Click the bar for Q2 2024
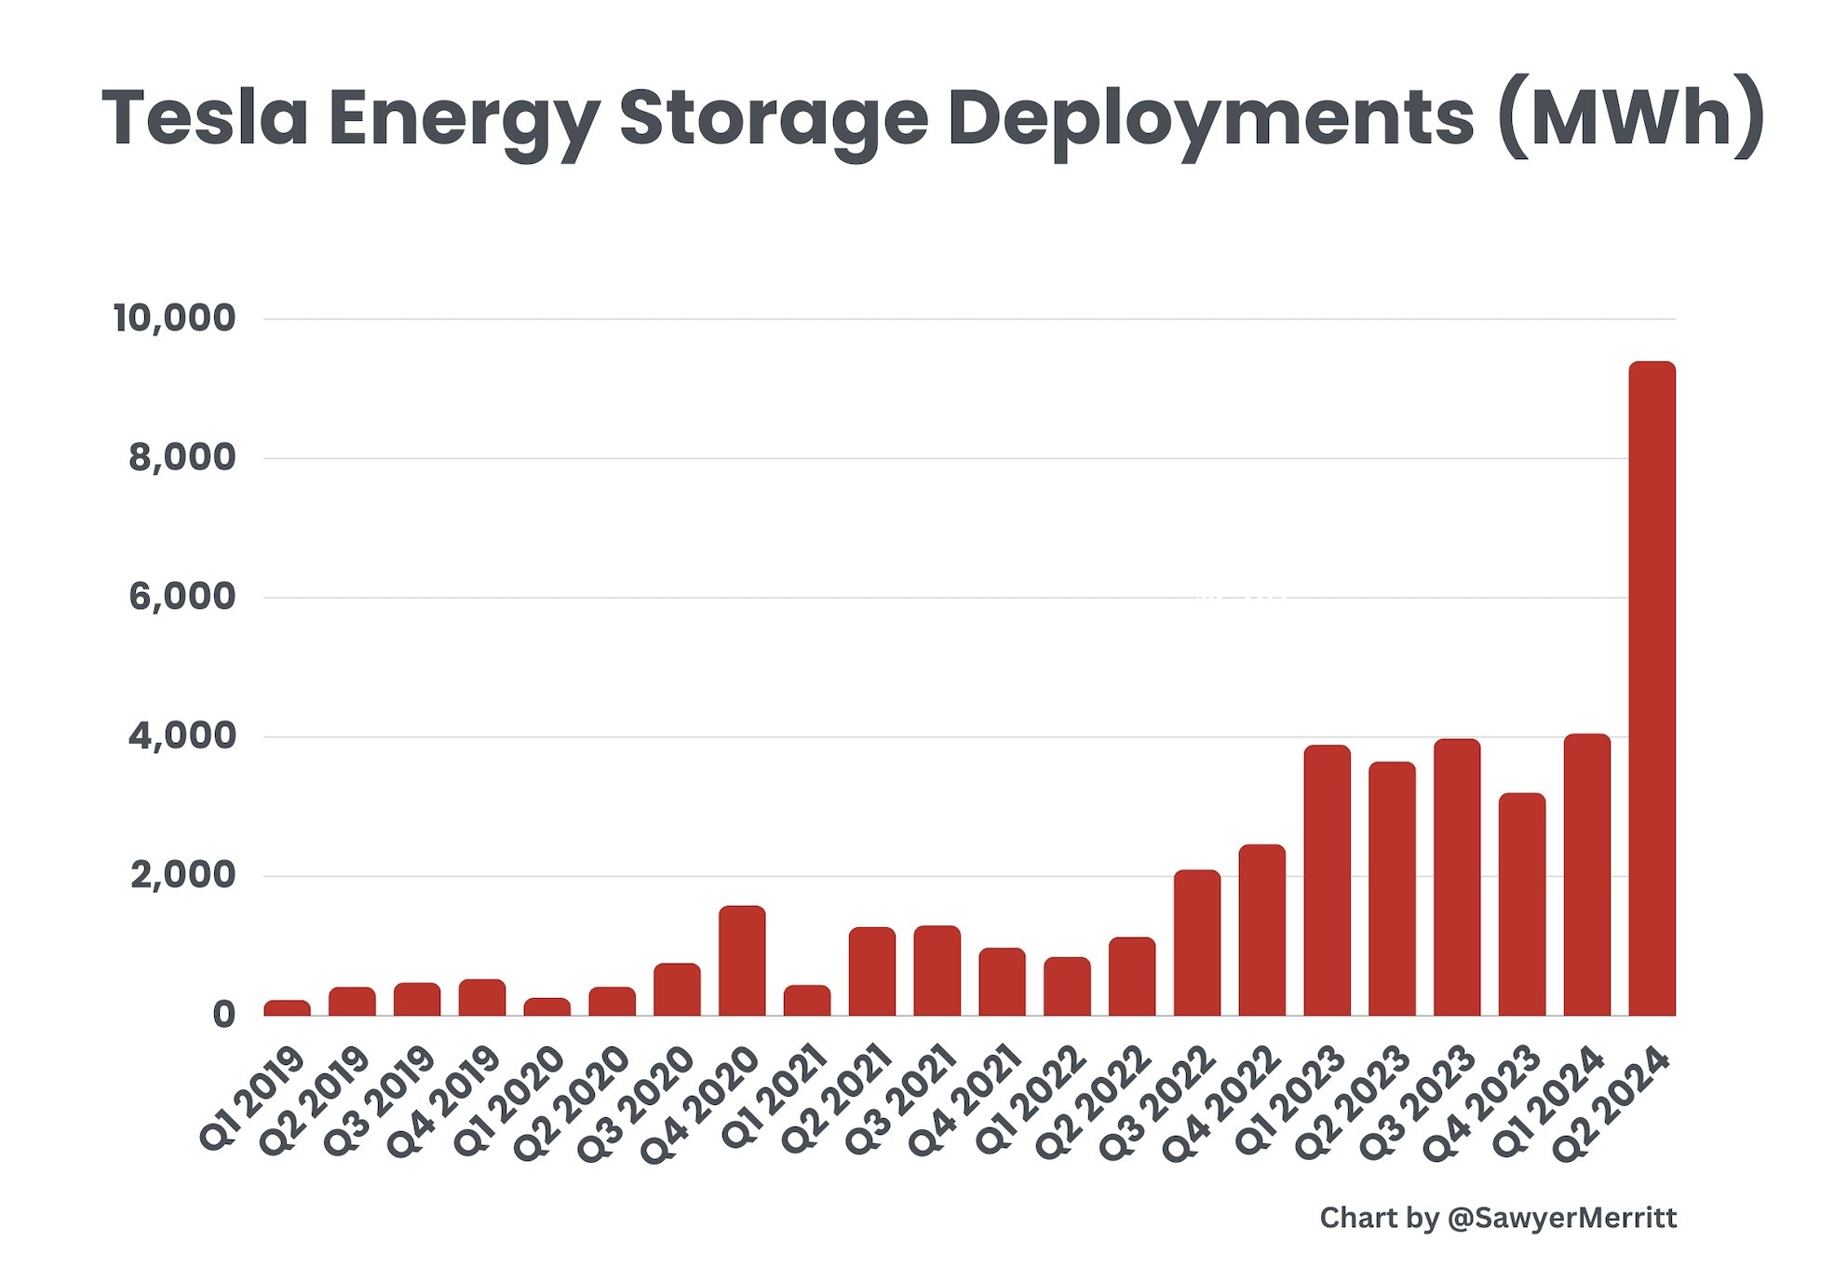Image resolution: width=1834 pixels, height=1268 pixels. [1652, 689]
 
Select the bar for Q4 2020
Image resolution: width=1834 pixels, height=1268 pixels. [742, 961]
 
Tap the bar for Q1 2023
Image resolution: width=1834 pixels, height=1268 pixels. [1327, 880]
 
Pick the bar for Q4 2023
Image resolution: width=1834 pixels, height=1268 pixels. [1521, 904]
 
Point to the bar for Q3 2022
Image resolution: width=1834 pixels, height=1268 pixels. [1196, 942]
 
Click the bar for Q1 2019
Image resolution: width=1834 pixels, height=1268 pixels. [287, 1007]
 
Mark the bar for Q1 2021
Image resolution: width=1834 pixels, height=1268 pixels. [806, 1000]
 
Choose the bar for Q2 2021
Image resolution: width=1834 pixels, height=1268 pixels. [871, 971]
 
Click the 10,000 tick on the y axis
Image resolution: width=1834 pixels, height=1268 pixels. [174, 318]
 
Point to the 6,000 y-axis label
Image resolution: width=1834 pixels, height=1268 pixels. [182, 597]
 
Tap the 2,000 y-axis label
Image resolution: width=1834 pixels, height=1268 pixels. [182, 875]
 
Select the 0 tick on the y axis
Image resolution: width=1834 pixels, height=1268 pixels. [223, 1015]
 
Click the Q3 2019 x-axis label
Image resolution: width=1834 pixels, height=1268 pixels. [380, 1100]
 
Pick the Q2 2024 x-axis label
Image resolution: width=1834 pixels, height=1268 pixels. [1616, 1102]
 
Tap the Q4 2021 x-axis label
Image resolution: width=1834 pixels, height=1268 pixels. [965, 1102]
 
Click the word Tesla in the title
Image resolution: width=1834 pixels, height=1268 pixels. [204, 118]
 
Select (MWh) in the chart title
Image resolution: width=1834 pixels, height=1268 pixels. [1630, 118]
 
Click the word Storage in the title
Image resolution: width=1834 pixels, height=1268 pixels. [774, 118]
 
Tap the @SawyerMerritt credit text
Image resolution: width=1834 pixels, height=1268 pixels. [1562, 1218]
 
